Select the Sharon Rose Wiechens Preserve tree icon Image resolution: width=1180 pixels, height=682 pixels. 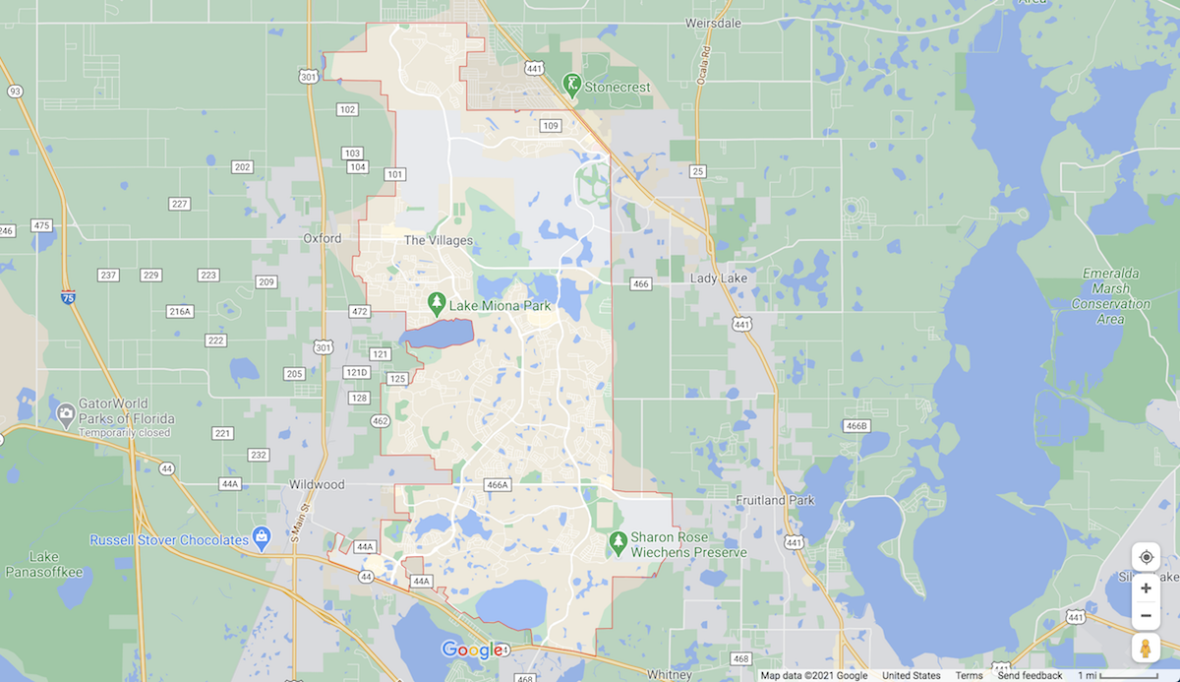[618, 540]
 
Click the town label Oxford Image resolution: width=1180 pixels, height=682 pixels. [323, 238]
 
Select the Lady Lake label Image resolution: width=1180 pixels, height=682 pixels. [718, 279]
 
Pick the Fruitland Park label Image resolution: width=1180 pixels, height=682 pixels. [774, 500]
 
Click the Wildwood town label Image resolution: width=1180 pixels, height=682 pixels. [317, 484]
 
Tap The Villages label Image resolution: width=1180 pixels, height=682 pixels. [439, 240]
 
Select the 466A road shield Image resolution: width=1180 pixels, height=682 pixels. [498, 484]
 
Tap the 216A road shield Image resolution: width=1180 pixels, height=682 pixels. [179, 311]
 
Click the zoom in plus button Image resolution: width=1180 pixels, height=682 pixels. [1146, 589]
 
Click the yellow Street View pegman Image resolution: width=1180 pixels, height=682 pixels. [1146, 649]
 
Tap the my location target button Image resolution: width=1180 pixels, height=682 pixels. [1146, 557]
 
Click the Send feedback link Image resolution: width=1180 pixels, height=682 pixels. [1030, 676]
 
